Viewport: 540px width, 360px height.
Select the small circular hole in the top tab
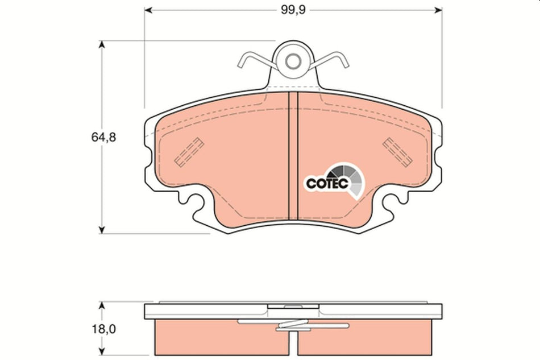click(x=293, y=60)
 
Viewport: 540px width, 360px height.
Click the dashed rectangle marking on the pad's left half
click(x=189, y=151)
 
